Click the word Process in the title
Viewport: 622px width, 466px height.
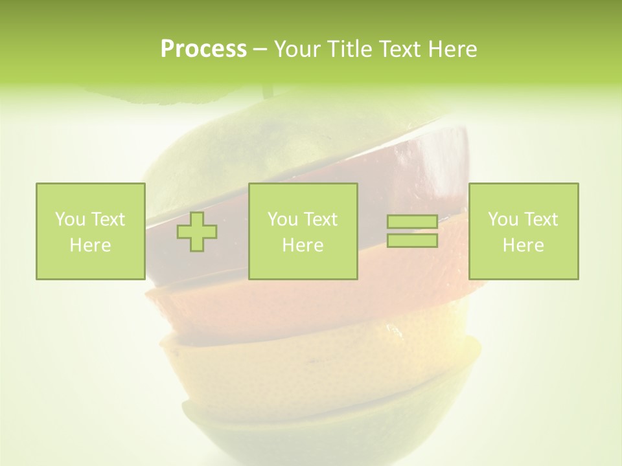coord(203,49)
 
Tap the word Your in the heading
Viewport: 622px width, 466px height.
coord(295,49)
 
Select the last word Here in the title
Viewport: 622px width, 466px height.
coord(454,49)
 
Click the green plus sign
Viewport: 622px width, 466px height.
coord(197,232)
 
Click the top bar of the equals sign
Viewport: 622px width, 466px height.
coord(412,222)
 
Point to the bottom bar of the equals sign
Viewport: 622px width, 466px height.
coord(412,241)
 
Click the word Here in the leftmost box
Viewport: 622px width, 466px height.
coord(90,245)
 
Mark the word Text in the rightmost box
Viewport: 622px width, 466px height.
coord(540,219)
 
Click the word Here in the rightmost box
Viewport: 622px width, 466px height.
coord(523,245)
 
